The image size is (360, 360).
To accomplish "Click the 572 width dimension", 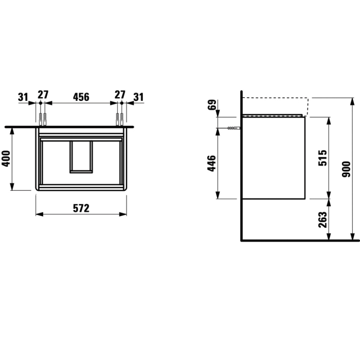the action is [81, 208].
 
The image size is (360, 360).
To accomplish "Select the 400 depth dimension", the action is [6, 158].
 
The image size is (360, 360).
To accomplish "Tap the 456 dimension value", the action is [81, 97].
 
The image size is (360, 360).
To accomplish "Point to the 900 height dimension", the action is [347, 169].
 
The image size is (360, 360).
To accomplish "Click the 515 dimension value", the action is [322, 158].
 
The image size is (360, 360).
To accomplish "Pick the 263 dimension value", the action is [322, 220].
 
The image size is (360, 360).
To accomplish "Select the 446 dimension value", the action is [212, 164].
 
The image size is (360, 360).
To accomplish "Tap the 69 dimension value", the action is [212, 105].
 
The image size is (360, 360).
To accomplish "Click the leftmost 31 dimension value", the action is [23, 97].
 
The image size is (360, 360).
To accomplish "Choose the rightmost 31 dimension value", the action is [138, 97].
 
